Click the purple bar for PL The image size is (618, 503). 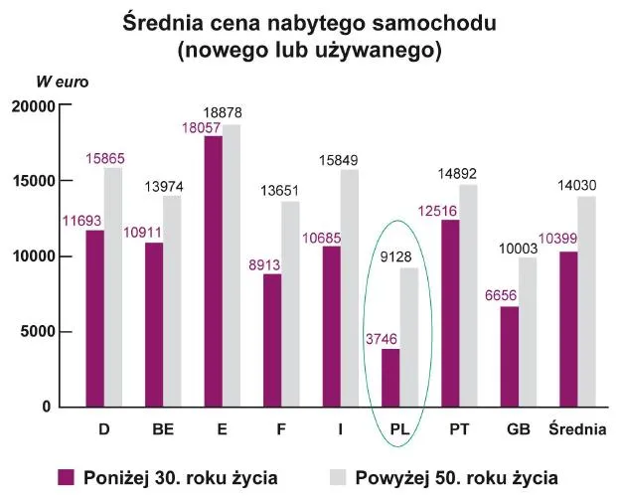(x=390, y=378)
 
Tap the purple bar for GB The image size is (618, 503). (x=509, y=356)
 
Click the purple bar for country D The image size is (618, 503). (x=95, y=318)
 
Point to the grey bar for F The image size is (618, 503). (x=290, y=304)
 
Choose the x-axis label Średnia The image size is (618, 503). (x=577, y=429)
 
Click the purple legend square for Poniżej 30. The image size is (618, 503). (x=68, y=477)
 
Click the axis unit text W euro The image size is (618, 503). (x=63, y=82)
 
